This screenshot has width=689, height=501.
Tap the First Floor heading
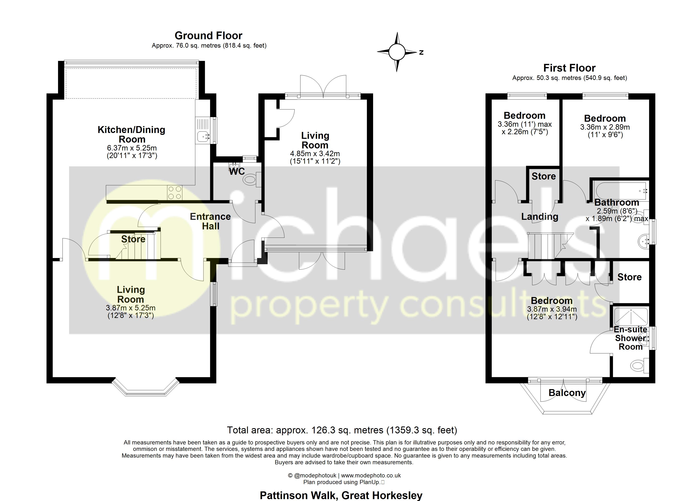pyautogui.click(x=569, y=68)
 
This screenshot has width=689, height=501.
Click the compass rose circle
pyautogui.click(x=397, y=52)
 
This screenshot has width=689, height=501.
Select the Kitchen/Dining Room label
pyautogui.click(x=132, y=134)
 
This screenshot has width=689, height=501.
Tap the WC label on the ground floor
pyautogui.click(x=237, y=171)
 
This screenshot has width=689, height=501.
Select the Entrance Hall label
pyautogui.click(x=210, y=221)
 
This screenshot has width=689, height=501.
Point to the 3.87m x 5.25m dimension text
pyautogui.click(x=131, y=308)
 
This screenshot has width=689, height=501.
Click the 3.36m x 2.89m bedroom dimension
pyautogui.click(x=605, y=127)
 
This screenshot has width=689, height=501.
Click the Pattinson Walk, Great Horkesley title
pyautogui.click(x=341, y=495)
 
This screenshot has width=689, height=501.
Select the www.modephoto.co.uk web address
pyautogui.click(x=371, y=476)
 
